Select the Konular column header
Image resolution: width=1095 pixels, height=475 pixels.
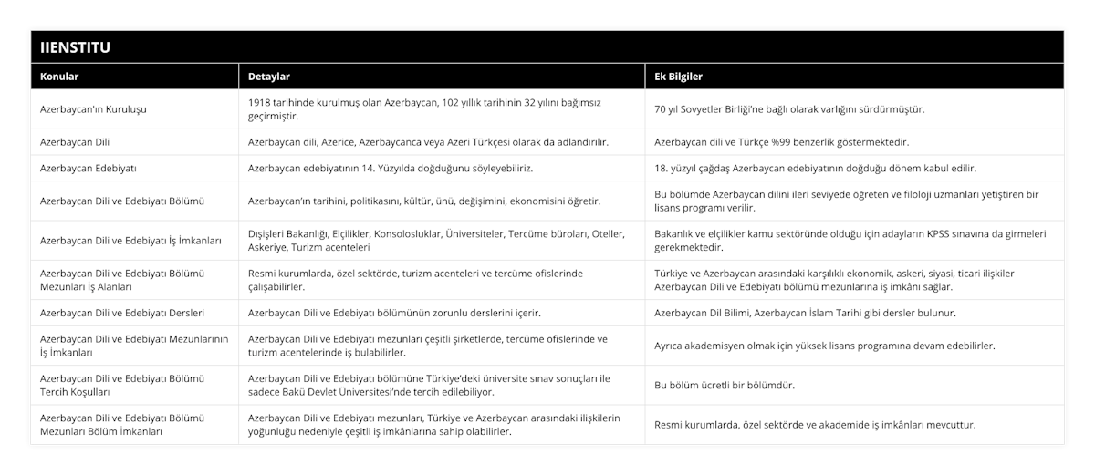click(x=59, y=77)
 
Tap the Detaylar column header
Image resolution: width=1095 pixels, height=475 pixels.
click(x=269, y=77)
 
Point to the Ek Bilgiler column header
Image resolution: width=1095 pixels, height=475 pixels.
click(x=679, y=77)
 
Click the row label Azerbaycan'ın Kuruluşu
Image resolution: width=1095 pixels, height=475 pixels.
click(x=94, y=109)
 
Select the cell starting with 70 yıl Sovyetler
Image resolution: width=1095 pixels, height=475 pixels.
click(x=789, y=109)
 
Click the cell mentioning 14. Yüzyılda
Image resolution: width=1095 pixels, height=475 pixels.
click(x=391, y=169)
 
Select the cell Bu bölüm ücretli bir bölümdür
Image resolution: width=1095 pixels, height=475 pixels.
click(x=724, y=386)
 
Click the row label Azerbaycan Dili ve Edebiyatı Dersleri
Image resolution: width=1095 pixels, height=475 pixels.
click(x=122, y=313)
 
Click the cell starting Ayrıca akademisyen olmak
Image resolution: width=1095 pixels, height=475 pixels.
click(x=825, y=346)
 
